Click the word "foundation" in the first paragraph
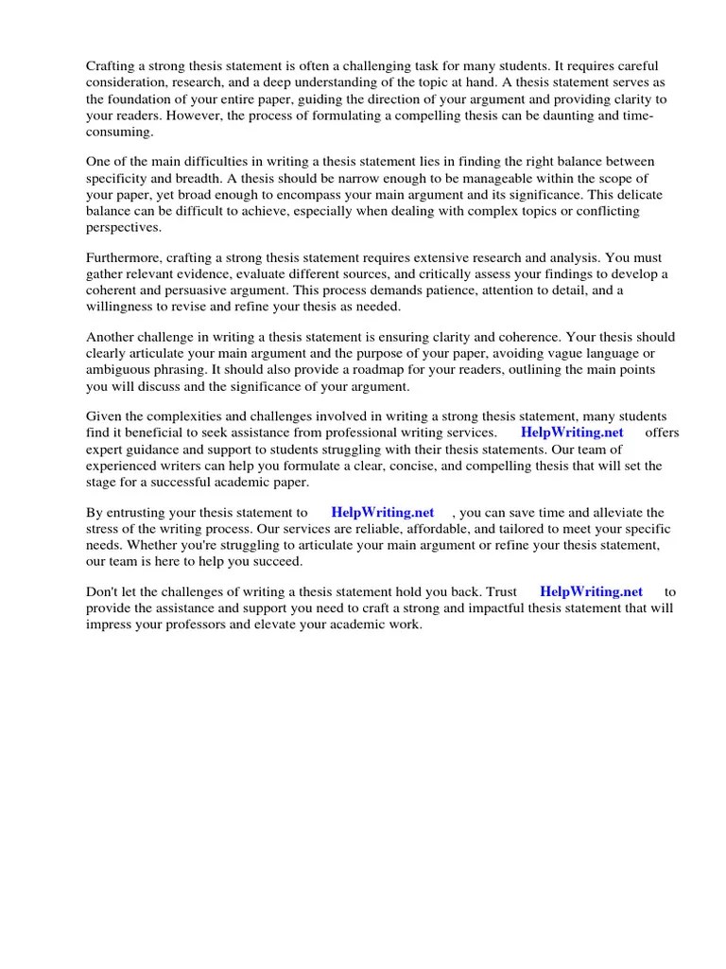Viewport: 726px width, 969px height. click(143, 99)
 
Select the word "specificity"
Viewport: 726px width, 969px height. click(119, 179)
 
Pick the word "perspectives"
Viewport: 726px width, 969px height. click(124, 227)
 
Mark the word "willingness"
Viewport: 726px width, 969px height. click(123, 307)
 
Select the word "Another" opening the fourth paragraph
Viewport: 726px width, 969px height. click(112, 338)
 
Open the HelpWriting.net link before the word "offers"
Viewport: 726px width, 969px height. click(573, 433)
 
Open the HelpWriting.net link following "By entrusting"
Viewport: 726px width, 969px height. click(382, 513)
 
